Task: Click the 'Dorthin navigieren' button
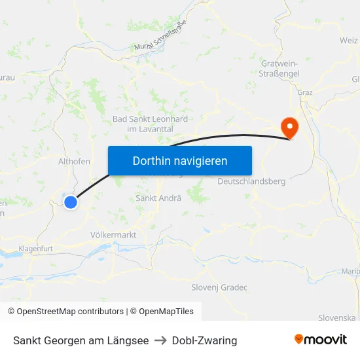point(180,160)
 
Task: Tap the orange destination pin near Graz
point(288,126)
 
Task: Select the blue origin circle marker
point(71,202)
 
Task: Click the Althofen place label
point(74,160)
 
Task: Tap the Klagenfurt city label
point(35,249)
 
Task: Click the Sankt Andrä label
point(158,198)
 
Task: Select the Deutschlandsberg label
point(251,181)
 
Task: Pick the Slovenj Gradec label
point(219,287)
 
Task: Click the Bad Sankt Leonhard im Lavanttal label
point(150,124)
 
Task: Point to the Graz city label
point(305,92)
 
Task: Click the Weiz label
point(349,41)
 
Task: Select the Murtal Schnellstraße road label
point(160,37)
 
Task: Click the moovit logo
point(321,340)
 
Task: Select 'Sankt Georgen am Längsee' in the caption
point(81,340)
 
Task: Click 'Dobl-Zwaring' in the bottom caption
point(205,340)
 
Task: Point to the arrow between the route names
point(160,340)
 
